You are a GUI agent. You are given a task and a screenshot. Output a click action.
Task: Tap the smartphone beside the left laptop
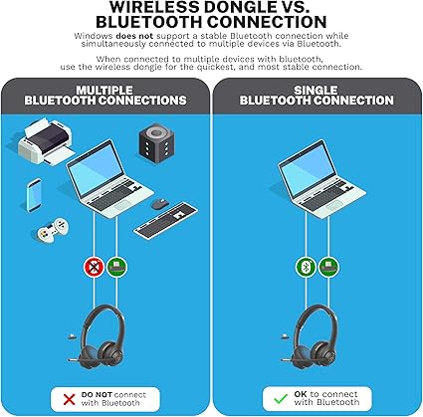point(34,195)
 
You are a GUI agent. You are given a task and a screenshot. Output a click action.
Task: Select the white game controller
point(53,230)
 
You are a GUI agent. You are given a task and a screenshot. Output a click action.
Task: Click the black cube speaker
point(156,142)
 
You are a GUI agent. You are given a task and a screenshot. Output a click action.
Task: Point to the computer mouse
point(160,204)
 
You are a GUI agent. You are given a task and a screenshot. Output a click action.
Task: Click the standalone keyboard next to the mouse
point(165,220)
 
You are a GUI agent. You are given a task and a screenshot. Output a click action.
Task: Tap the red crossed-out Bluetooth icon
point(95,267)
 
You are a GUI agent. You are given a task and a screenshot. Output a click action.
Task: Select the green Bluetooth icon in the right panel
point(306,267)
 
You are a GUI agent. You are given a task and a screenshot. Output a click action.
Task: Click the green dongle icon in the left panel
point(116,267)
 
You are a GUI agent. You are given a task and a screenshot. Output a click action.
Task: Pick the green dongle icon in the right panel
point(328,267)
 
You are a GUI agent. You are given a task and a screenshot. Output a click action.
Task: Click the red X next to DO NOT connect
point(69,399)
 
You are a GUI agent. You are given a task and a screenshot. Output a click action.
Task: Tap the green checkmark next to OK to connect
point(281,398)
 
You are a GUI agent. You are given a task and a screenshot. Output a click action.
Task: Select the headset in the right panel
point(311,335)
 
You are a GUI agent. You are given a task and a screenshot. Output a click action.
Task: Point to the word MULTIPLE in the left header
point(105,91)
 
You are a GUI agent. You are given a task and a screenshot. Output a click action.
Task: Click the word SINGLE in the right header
point(316,91)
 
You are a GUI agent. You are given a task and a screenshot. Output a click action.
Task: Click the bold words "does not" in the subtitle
point(134,36)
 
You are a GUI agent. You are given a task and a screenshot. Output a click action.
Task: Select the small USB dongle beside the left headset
point(71,337)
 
